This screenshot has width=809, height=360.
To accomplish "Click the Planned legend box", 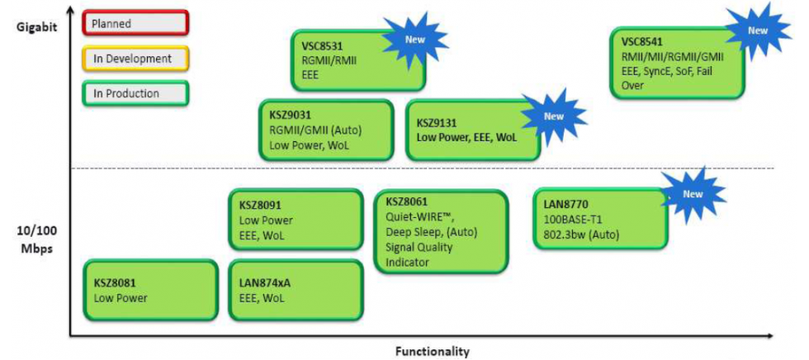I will (136, 24).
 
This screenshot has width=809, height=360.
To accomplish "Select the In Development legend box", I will (136, 59).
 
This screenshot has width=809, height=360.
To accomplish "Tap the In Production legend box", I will (136, 93).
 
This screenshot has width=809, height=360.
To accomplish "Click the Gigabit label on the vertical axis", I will (35, 26).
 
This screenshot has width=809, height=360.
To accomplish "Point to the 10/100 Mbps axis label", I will (35, 240).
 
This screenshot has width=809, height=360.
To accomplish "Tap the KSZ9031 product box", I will (324, 130).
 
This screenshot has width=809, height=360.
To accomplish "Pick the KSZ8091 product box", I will (295, 219).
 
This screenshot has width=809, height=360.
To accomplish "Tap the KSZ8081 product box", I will (150, 290).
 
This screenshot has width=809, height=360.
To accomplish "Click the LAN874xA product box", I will (295, 290).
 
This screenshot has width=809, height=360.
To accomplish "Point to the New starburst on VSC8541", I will (757, 31).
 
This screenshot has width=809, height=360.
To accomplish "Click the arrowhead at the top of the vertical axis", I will (71, 10).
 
